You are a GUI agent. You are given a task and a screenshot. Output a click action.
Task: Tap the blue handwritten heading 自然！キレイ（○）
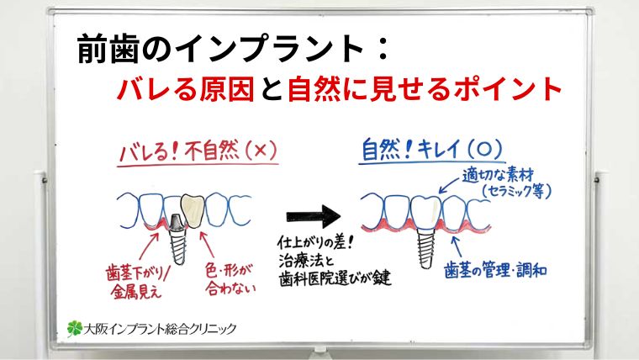[x=431, y=151]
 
